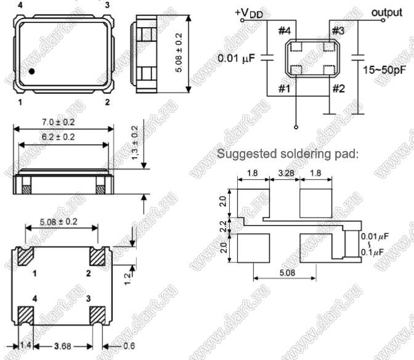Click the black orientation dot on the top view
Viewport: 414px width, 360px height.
pyautogui.click(x=31, y=72)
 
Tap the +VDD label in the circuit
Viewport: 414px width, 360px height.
pyautogui.click(x=249, y=13)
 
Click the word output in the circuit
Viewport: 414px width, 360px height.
pyautogui.click(x=387, y=12)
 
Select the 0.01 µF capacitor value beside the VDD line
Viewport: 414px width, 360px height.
pyautogui.click(x=237, y=59)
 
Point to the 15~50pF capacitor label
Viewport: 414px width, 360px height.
pyautogui.click(x=384, y=70)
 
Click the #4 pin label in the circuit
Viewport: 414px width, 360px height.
pyautogui.click(x=285, y=31)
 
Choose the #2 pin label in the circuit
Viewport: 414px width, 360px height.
pyautogui.click(x=338, y=89)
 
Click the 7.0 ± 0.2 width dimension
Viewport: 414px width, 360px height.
pyautogui.click(x=59, y=122)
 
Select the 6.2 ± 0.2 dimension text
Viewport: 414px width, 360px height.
pyautogui.click(x=59, y=137)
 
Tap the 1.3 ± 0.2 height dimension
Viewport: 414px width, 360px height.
pyautogui.click(x=135, y=142)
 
